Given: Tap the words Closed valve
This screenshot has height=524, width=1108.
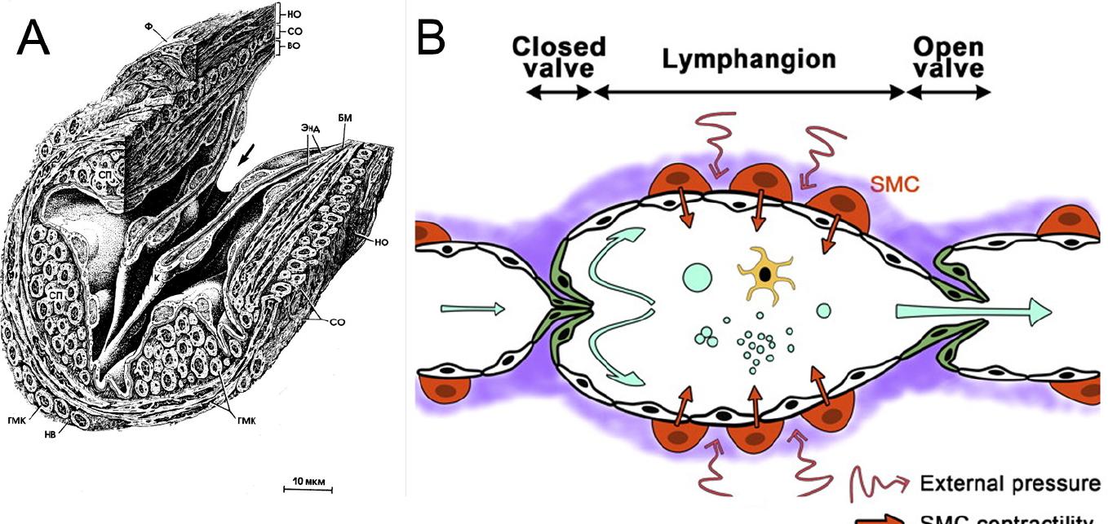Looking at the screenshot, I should (x=559, y=57).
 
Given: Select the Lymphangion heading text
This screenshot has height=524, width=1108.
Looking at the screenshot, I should (x=749, y=59).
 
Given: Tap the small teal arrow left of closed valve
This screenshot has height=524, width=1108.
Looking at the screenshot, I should (x=472, y=308).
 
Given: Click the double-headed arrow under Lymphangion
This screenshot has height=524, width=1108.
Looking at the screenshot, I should (x=749, y=92).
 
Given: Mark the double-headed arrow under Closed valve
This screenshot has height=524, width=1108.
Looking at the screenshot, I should (x=559, y=92).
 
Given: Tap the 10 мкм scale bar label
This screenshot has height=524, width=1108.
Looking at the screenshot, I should (x=308, y=481).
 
